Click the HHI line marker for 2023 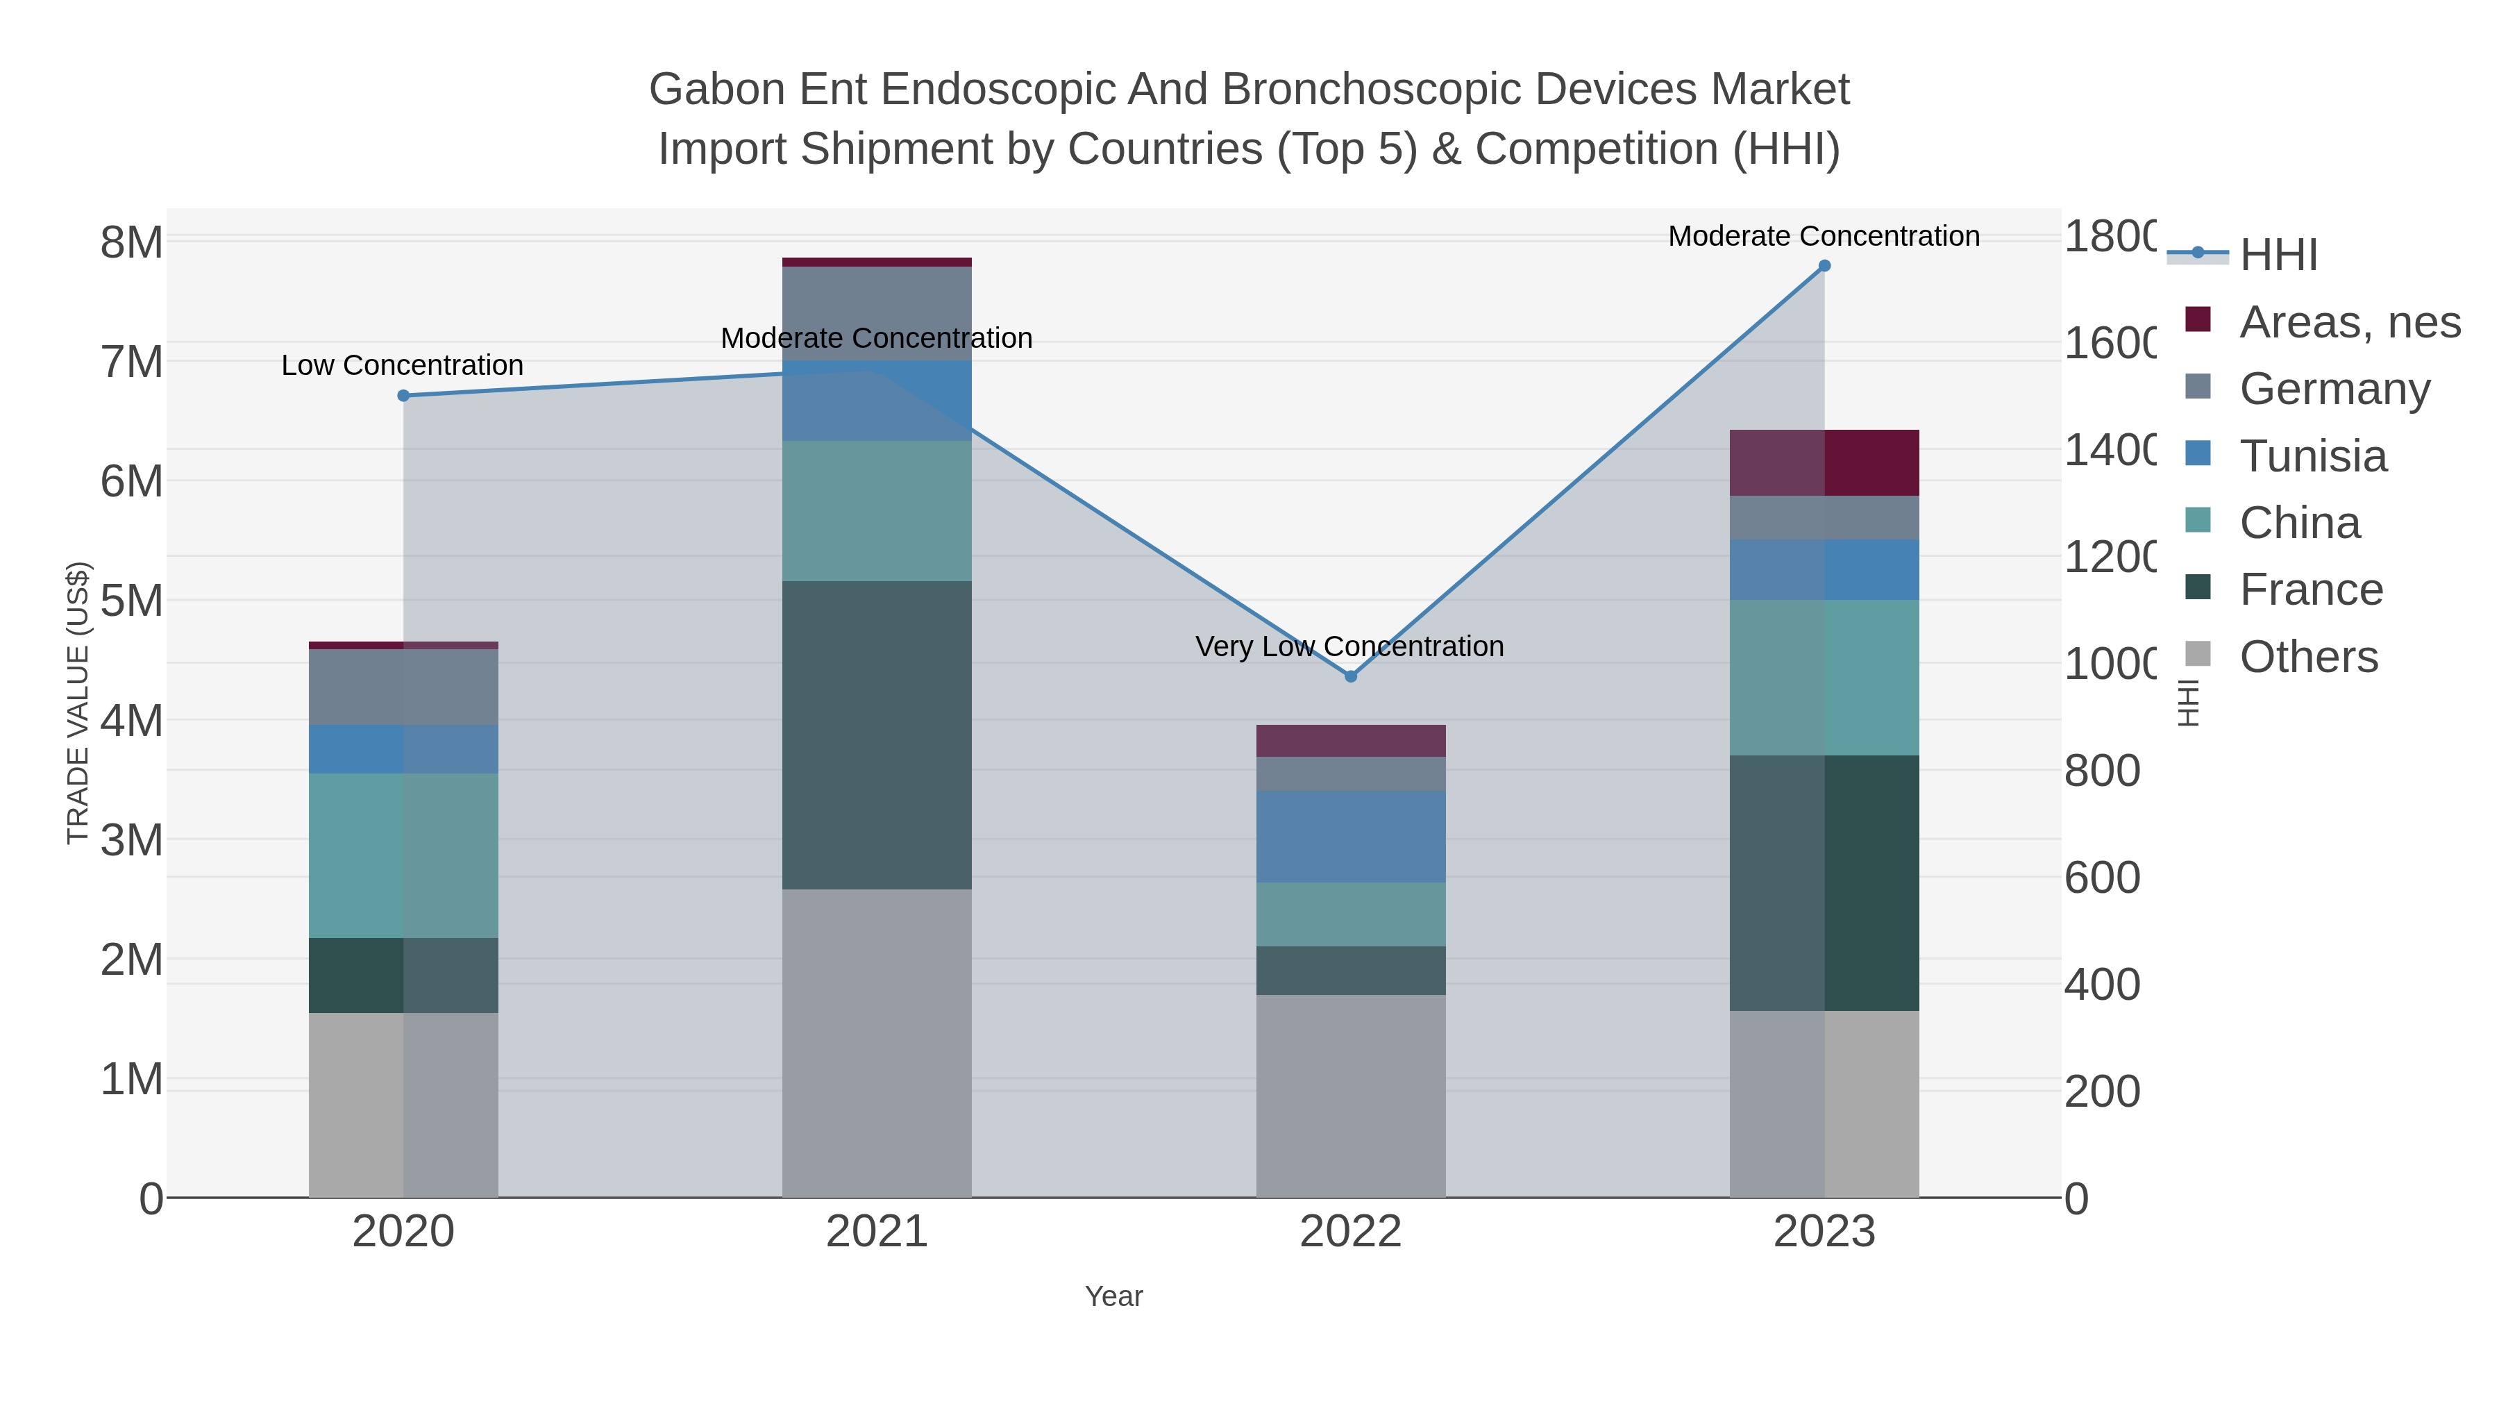pyautogui.click(x=1824, y=266)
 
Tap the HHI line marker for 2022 pyautogui.click(x=1350, y=676)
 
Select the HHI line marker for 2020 pyautogui.click(x=403, y=396)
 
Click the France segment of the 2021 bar pyautogui.click(x=876, y=735)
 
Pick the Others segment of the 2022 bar pyautogui.click(x=1350, y=1096)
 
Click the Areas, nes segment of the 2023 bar pyautogui.click(x=1824, y=463)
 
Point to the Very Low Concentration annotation pyautogui.click(x=1349, y=646)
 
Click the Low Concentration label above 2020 pyautogui.click(x=402, y=366)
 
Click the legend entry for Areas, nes pyautogui.click(x=2348, y=322)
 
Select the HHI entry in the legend pyautogui.click(x=2277, y=256)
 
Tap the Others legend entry pyautogui.click(x=2308, y=657)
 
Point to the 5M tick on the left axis pyautogui.click(x=132, y=601)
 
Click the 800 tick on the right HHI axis pyautogui.click(x=2101, y=771)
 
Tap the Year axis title pyautogui.click(x=1113, y=1296)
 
